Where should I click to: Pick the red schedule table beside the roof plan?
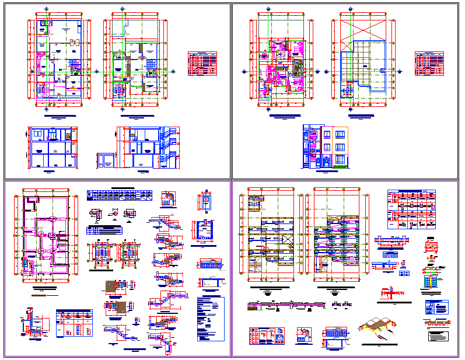pyautogui.click(x=429, y=63)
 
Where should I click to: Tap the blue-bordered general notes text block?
pyautogui.click(x=211, y=319)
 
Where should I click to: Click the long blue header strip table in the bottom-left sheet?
pyautogui.click(x=119, y=195)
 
